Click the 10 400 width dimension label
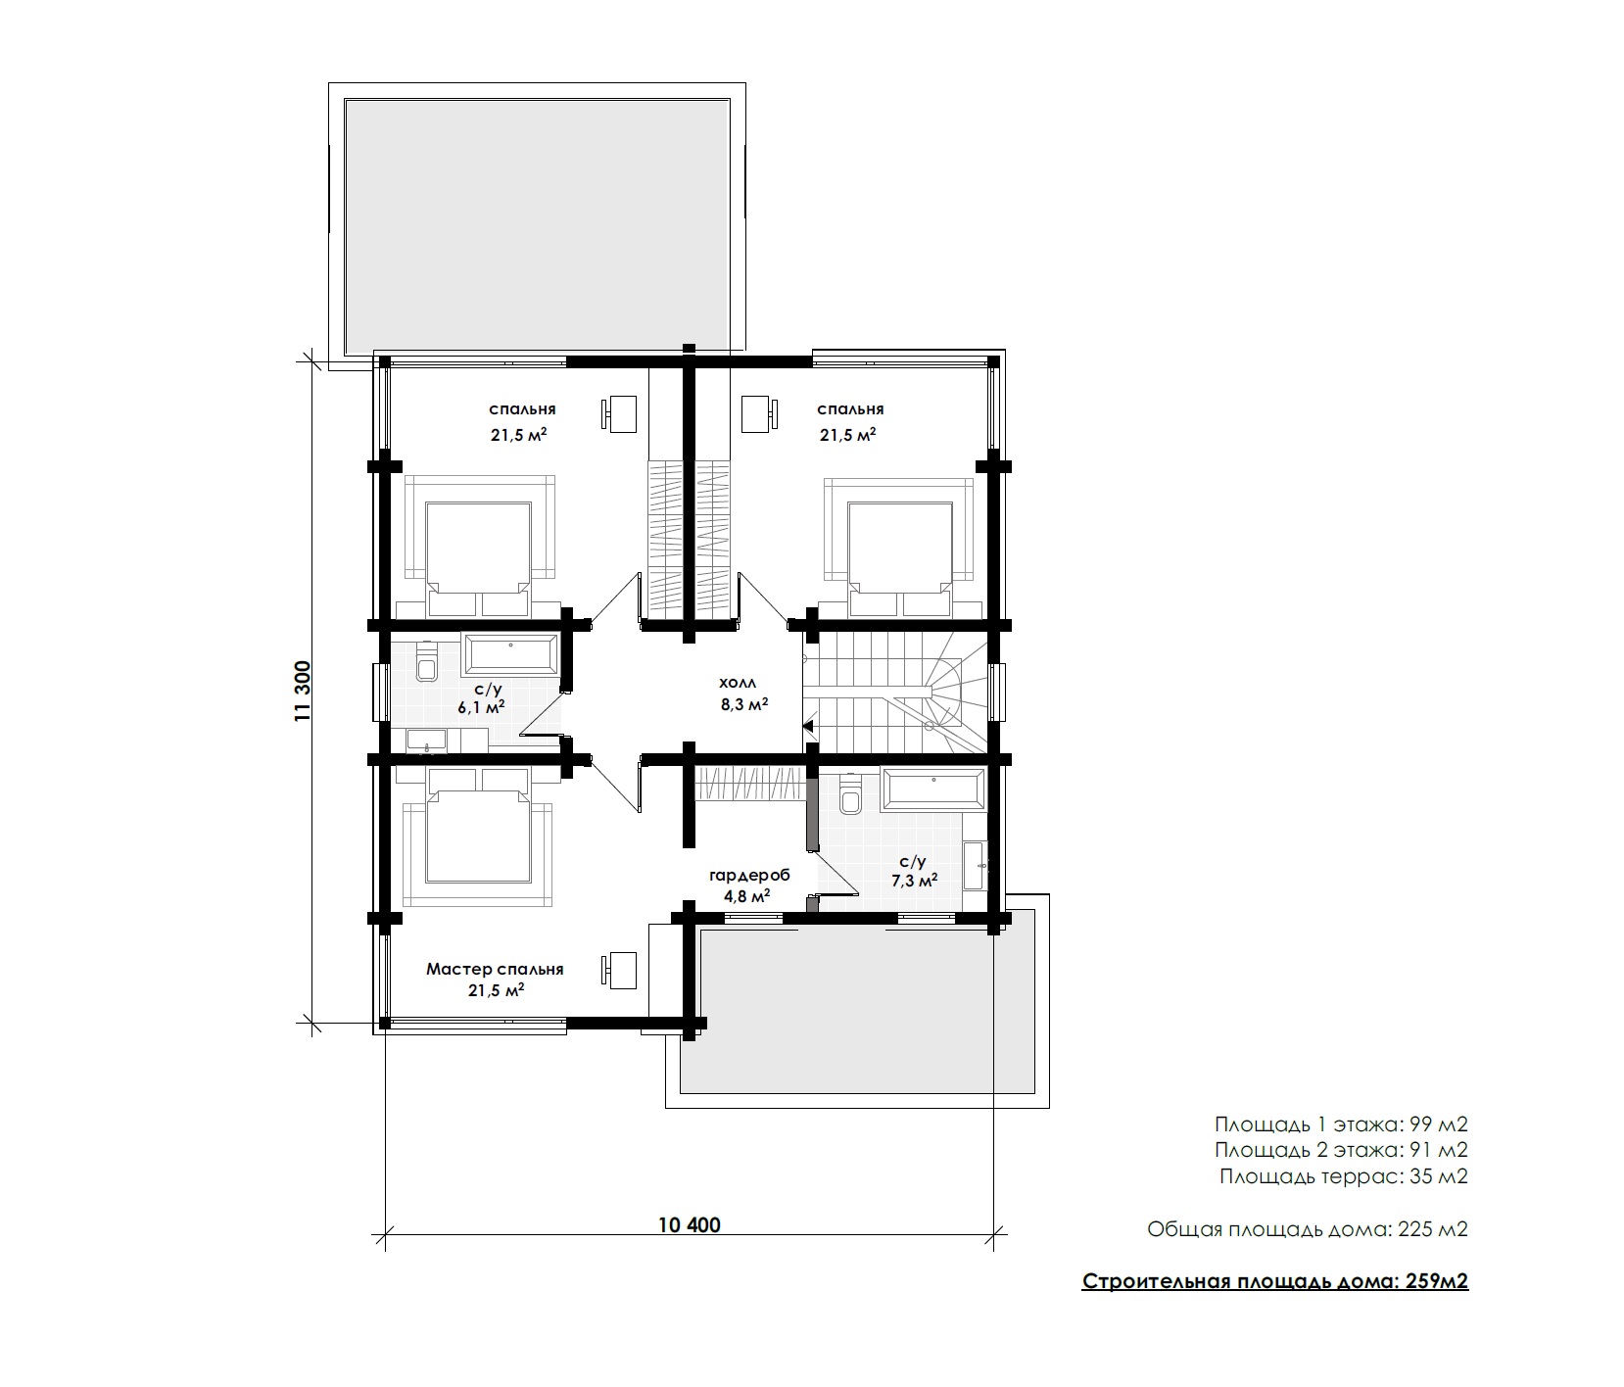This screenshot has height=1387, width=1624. tap(690, 1225)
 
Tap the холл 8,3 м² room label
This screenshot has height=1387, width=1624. tap(743, 692)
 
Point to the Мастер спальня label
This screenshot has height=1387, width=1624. tap(495, 969)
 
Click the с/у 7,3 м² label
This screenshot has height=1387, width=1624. tap(913, 870)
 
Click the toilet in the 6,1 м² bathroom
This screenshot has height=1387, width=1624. tap(427, 663)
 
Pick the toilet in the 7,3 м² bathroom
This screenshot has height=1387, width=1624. tap(849, 795)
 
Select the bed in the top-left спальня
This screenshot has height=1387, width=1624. tap(479, 547)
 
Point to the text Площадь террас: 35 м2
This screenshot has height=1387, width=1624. tap(1344, 1176)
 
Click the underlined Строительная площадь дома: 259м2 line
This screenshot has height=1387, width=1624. tap(1275, 1281)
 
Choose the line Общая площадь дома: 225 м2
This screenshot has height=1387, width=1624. tap(1309, 1229)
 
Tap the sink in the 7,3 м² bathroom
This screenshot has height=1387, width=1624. tap(976, 865)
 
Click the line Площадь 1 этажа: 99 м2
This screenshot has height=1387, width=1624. tap(1342, 1123)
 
